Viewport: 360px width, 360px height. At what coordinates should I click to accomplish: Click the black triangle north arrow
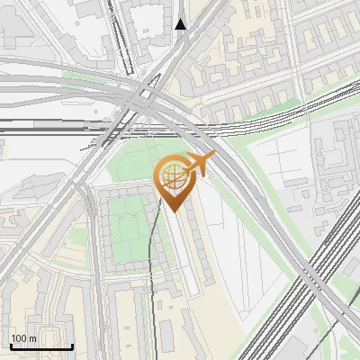point(181,24)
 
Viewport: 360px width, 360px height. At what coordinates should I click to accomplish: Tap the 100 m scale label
point(23,338)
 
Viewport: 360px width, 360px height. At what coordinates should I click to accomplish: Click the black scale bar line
point(41,346)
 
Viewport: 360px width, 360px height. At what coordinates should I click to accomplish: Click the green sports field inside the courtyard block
point(128,229)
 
